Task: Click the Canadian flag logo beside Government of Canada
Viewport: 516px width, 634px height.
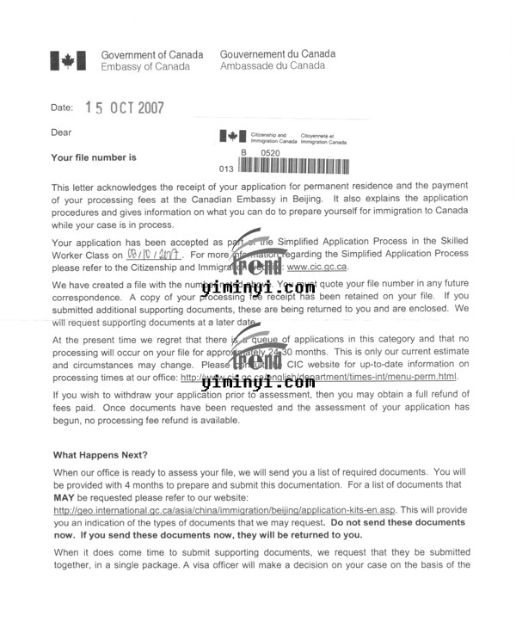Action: pyautogui.click(x=67, y=60)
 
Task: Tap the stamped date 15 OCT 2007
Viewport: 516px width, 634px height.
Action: pyautogui.click(x=124, y=108)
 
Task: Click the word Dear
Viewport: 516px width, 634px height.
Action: pyautogui.click(x=62, y=132)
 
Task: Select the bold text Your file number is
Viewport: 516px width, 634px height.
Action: pyautogui.click(x=94, y=157)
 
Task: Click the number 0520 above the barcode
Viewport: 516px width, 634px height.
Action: pyautogui.click(x=271, y=152)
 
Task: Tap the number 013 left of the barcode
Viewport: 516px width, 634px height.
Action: pyautogui.click(x=227, y=169)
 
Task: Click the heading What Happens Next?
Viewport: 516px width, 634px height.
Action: pyautogui.click(x=101, y=455)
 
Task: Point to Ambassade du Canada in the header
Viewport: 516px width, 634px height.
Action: pyautogui.click(x=273, y=65)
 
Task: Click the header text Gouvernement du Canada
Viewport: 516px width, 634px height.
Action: pyautogui.click(x=278, y=53)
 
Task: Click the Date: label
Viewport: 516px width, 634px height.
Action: pyautogui.click(x=62, y=108)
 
